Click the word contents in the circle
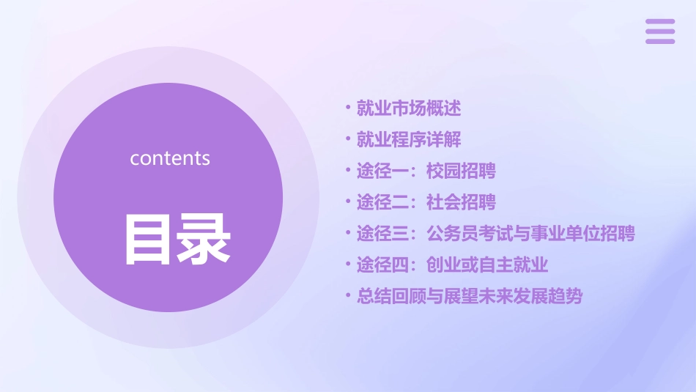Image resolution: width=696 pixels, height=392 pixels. (x=170, y=158)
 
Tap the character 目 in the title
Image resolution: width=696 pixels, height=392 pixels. (x=148, y=239)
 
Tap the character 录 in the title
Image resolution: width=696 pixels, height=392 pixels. (x=204, y=239)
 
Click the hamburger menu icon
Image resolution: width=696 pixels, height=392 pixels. (x=660, y=32)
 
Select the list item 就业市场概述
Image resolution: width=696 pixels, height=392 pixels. (x=409, y=109)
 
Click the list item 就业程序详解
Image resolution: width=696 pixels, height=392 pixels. (x=409, y=140)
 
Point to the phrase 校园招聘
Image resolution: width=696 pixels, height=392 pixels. (x=461, y=171)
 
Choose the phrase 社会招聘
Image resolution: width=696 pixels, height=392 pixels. (x=461, y=202)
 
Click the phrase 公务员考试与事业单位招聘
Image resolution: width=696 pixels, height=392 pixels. (x=530, y=234)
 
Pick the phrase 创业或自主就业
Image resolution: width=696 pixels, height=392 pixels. (x=487, y=265)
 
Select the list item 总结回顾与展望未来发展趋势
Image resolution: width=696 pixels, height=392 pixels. (x=470, y=297)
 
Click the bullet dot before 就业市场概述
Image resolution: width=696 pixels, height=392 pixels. (x=349, y=108)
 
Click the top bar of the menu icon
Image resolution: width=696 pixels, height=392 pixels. (x=660, y=22)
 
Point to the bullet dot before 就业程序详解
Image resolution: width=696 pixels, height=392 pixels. (x=349, y=138)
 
